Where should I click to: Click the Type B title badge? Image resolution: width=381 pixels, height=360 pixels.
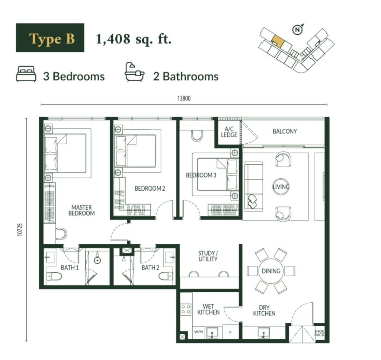tap(50, 38)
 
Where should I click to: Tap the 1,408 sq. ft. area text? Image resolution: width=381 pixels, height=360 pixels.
tap(134, 39)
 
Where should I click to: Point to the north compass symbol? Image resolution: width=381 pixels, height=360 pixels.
tap(298, 29)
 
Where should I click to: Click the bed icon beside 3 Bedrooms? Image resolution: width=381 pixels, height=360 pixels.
tap(26, 74)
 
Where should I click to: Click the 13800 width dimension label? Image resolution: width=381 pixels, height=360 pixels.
tap(184, 98)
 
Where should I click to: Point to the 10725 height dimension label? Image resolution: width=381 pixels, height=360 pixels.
tap(20, 229)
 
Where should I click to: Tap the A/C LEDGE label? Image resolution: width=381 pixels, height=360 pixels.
tap(229, 132)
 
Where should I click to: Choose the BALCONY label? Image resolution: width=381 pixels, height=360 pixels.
tap(285, 131)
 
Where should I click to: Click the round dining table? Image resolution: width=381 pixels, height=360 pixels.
tap(271, 271)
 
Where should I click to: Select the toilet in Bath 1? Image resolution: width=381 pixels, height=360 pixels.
tap(54, 276)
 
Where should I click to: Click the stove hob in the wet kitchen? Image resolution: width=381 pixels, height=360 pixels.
tap(186, 310)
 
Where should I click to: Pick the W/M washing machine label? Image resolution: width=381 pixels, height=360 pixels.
tap(199, 332)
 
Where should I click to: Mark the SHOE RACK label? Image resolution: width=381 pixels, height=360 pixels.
tap(319, 333)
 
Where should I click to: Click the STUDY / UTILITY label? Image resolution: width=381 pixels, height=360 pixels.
tap(208, 256)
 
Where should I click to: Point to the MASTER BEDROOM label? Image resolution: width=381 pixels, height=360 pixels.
tap(81, 210)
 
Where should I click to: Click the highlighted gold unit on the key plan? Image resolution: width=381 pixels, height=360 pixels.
tap(278, 41)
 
